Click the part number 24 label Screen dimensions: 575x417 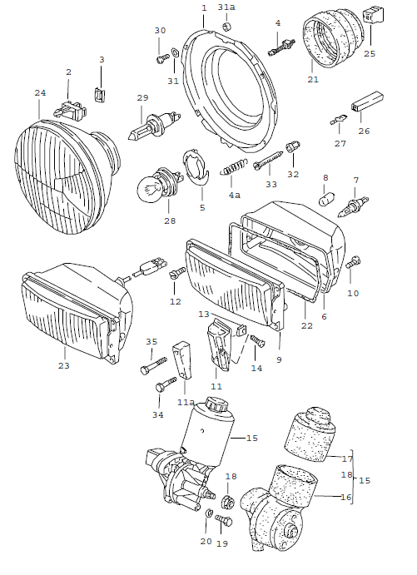(39, 93)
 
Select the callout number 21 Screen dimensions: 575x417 (313, 80)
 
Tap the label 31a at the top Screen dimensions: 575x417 (226, 7)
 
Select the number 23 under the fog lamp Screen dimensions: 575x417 (64, 365)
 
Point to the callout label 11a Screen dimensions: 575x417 (186, 401)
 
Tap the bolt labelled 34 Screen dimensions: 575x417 (167, 384)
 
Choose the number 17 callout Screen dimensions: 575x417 (347, 458)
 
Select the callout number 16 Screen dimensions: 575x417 (346, 498)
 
